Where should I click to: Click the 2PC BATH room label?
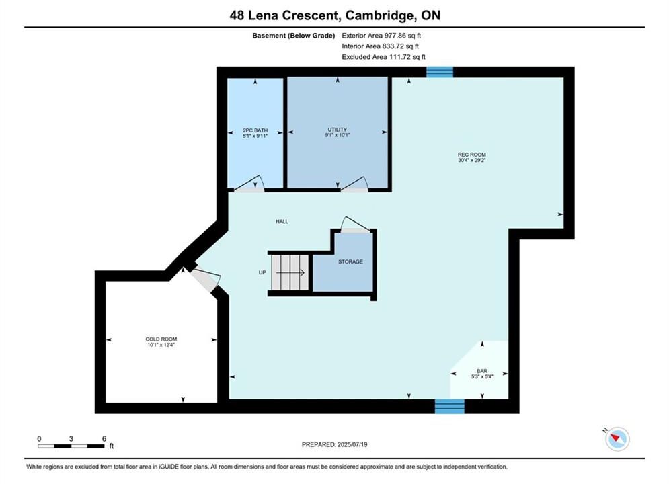pyautogui.click(x=255, y=130)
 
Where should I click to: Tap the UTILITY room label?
pyautogui.click(x=337, y=130)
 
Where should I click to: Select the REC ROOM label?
pyautogui.click(x=472, y=155)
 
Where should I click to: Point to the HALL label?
pyautogui.click(x=282, y=221)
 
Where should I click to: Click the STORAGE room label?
pyautogui.click(x=351, y=261)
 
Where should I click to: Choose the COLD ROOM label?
pyautogui.click(x=161, y=339)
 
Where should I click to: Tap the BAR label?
pyautogui.click(x=482, y=371)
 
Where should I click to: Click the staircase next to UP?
pyautogui.click(x=290, y=272)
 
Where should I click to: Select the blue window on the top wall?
pyautogui.click(x=440, y=72)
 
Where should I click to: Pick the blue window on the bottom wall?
pyautogui.click(x=450, y=407)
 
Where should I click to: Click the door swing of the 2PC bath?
pyautogui.click(x=249, y=184)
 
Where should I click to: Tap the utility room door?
pyautogui.click(x=354, y=185)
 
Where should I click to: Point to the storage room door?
pyautogui.click(x=356, y=225)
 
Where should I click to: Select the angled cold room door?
pyautogui.click(x=205, y=280)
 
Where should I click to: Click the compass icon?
pyautogui.click(x=617, y=438)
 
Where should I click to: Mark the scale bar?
pyautogui.click(x=71, y=446)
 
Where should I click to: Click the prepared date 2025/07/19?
pyautogui.click(x=352, y=444)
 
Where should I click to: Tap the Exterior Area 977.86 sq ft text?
pyautogui.click(x=381, y=36)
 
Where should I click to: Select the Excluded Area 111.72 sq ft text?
pyautogui.click(x=383, y=56)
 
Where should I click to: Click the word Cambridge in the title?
pyautogui.click(x=379, y=15)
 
